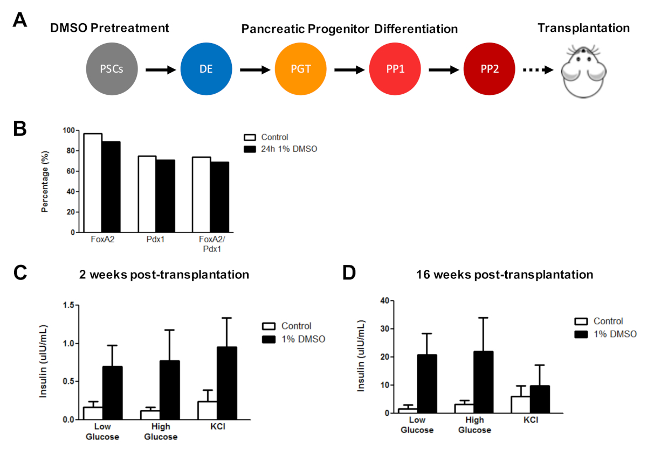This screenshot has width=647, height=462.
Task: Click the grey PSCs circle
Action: [112, 69]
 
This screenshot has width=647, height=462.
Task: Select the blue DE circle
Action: [206, 69]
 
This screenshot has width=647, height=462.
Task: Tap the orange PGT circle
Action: [300, 69]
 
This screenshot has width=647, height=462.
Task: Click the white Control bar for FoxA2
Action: [93, 183]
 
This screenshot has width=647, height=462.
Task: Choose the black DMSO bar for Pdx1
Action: [165, 196]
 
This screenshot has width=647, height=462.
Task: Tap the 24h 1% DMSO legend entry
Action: [280, 149]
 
